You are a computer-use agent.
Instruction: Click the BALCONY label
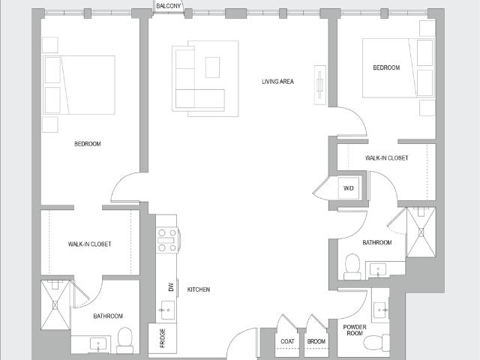point(168,6)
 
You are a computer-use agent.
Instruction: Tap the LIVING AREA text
point(277,82)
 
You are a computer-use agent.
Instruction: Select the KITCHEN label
point(199,289)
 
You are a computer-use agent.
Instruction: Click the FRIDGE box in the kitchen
point(163,338)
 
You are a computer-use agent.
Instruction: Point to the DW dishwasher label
point(171,286)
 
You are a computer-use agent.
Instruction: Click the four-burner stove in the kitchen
point(168,240)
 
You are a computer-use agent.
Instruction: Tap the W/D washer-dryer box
point(349,188)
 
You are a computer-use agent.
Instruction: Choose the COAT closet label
point(287,341)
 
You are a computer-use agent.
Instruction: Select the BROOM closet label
point(316,341)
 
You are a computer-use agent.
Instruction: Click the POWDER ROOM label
point(355,330)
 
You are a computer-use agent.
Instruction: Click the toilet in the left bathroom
point(125,340)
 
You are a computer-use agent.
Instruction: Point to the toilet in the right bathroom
point(352,266)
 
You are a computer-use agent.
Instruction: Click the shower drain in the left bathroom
point(55,305)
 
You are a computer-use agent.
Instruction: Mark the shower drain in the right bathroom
point(421,232)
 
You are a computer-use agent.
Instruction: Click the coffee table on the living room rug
point(212,67)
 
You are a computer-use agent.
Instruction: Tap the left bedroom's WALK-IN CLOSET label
point(89,244)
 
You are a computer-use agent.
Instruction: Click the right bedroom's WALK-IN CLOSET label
point(387,158)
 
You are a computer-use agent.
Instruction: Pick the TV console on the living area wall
point(320,85)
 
